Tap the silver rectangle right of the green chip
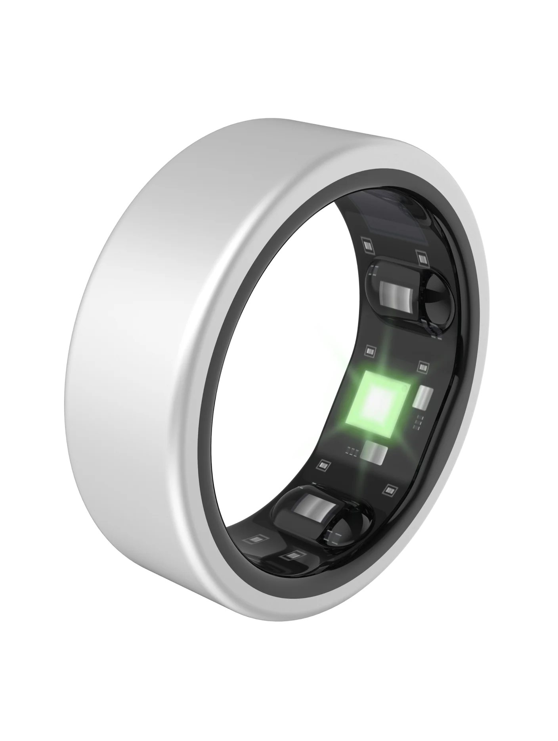(x=421, y=396)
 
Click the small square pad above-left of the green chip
(x=370, y=351)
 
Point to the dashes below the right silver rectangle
(x=418, y=423)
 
